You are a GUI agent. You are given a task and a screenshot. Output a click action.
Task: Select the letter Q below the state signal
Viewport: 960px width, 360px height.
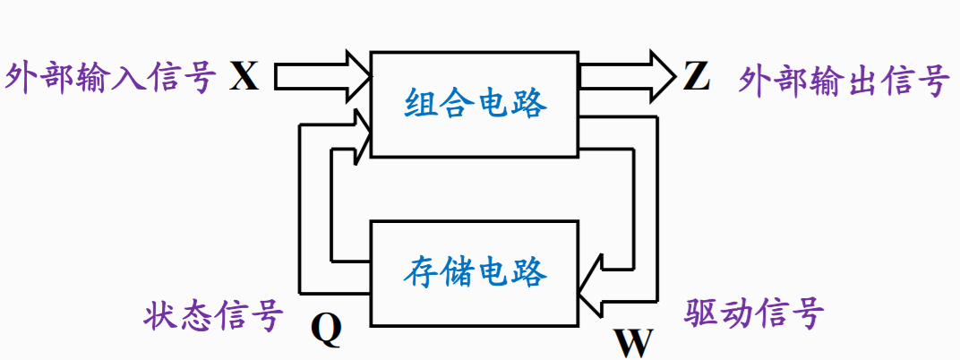click(327, 330)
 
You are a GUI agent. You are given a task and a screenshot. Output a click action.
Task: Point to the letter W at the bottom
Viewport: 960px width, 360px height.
click(633, 341)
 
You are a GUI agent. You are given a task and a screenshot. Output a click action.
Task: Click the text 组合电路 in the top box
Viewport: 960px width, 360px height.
click(476, 104)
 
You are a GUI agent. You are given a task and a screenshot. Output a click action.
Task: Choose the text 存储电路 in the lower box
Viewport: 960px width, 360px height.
click(475, 270)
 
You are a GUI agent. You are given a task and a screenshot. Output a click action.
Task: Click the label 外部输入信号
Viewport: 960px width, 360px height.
click(111, 77)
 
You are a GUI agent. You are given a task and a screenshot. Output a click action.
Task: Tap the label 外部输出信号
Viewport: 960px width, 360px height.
click(844, 81)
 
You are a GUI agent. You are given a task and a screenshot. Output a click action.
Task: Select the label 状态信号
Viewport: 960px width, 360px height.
click(213, 315)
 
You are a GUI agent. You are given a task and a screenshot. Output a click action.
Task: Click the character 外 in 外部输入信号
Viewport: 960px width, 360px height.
click(22, 77)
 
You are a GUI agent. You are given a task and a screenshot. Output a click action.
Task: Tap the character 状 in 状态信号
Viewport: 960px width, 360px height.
click(159, 315)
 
